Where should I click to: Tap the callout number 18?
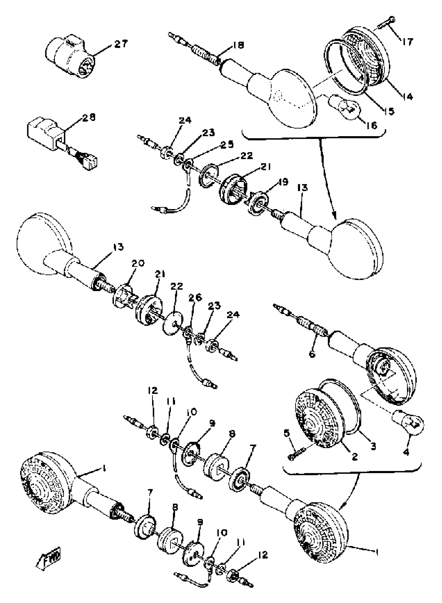pyautogui.click(x=239, y=45)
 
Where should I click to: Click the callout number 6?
pyautogui.click(x=312, y=355)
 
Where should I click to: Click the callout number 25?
pyautogui.click(x=227, y=144)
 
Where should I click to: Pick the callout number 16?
pyautogui.click(x=371, y=125)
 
